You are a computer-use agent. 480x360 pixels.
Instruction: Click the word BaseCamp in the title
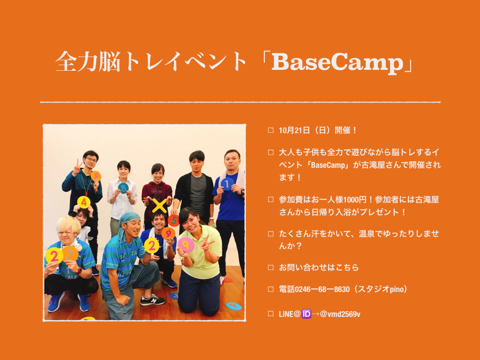(337, 62)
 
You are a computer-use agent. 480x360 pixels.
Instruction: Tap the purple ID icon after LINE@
(306, 314)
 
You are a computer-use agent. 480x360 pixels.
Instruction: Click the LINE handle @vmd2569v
(340, 315)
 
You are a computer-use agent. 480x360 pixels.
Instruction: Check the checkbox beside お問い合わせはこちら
(270, 267)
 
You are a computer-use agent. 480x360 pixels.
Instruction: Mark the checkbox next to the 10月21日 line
(270, 130)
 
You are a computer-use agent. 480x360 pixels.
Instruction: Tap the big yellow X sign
(159, 206)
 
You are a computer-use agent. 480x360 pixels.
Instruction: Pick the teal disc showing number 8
(123, 188)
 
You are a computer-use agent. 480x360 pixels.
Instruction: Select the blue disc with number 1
(227, 184)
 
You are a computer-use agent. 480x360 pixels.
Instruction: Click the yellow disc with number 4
(83, 202)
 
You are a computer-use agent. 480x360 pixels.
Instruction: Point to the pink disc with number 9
(186, 245)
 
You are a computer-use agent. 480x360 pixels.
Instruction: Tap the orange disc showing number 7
(70, 254)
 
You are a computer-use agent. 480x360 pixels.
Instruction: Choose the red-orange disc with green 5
(173, 220)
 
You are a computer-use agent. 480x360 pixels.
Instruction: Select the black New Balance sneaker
(152, 300)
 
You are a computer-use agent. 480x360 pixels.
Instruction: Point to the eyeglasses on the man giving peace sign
(91, 160)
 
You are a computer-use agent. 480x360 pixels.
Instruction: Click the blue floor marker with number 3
(174, 296)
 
